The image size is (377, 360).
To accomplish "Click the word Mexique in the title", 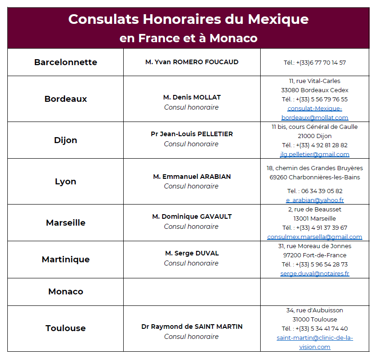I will [278, 19].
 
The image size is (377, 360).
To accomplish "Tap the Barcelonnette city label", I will [66, 62].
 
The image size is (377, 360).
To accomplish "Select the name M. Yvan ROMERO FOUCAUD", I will [191, 62].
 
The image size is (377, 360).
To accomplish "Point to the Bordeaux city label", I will [66, 99].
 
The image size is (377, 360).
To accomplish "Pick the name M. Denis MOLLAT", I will [191, 97].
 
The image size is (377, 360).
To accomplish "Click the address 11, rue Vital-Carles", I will [314, 81].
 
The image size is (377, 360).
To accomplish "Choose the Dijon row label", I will [66, 140].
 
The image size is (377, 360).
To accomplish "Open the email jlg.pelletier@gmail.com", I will [314, 155].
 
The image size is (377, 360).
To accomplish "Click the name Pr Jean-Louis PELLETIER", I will [191, 134].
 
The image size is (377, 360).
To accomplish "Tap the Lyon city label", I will [66, 182].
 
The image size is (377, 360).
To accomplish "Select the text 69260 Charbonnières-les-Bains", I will [314, 177].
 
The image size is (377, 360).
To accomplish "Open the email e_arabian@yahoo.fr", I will [314, 200].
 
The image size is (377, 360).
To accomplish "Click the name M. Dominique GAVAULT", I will [191, 216].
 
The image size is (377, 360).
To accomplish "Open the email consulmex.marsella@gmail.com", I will [314, 237].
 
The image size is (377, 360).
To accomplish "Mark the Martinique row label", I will [66, 260].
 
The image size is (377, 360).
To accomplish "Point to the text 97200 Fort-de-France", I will [314, 255].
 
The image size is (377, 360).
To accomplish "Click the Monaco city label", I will [66, 292].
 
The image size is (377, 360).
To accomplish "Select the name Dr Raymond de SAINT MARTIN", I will [191, 327].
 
